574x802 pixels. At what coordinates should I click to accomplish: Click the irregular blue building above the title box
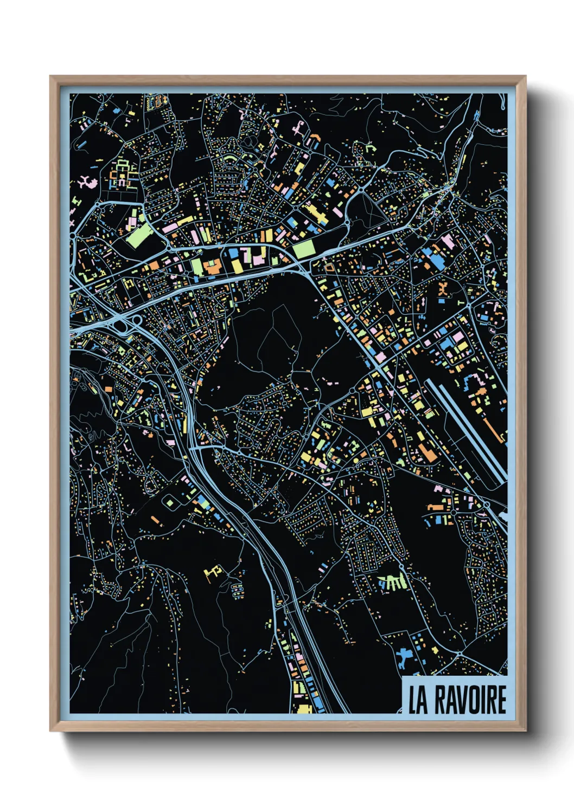404,658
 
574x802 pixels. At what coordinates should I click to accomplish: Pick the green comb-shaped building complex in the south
393,582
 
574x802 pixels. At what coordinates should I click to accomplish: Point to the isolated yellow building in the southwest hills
213,572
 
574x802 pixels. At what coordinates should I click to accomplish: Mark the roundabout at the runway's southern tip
487,505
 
